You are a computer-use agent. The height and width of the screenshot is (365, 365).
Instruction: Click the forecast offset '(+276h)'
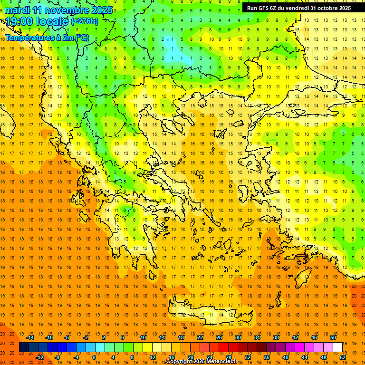point(85,21)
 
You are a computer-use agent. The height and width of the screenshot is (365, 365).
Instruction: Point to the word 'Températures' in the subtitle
point(30,38)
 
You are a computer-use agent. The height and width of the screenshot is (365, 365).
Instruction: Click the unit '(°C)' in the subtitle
point(81,38)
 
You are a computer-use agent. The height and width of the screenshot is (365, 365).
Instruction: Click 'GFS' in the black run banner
point(263,8)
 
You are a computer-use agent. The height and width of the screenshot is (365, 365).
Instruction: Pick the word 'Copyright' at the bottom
point(180,362)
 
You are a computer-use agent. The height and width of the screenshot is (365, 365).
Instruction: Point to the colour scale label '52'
point(343,357)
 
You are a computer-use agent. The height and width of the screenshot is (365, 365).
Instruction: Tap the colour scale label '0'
point(94,357)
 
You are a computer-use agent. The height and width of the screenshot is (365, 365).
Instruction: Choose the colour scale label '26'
point(219,337)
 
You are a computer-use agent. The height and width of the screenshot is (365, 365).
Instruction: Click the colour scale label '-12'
point(39,357)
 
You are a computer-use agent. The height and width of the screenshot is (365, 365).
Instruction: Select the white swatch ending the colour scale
point(337,347)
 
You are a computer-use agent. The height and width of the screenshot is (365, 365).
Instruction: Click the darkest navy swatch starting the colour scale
point(24,347)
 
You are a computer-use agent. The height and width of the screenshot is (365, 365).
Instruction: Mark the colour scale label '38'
point(276,337)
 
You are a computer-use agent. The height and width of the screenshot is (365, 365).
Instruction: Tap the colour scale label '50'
point(333,337)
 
